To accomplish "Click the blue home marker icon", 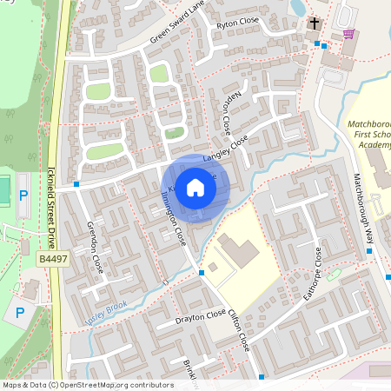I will [x=195, y=186].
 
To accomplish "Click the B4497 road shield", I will [x=53, y=260].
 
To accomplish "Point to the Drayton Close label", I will [x=201, y=316].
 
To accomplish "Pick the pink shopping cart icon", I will [x=349, y=34].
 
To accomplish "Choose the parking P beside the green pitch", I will [x=23, y=197].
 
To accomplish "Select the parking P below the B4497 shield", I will [x=20, y=312].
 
